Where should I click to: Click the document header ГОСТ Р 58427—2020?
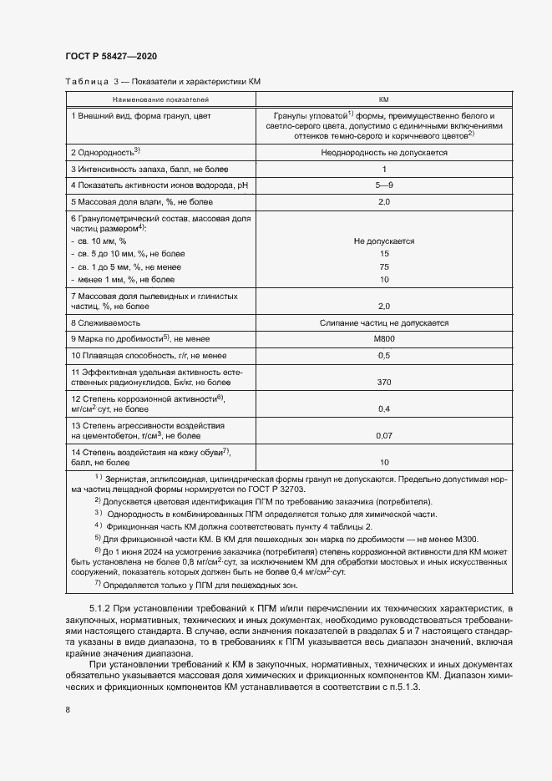[x=110, y=56]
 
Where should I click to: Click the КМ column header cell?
[x=384, y=99]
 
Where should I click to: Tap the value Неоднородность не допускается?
[x=384, y=153]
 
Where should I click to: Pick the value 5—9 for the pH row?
[x=384, y=185]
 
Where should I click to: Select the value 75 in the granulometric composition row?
[x=384, y=266]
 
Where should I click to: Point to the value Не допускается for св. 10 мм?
[x=384, y=241]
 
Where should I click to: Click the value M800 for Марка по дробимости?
[x=384, y=338]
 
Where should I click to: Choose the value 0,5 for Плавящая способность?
[x=384, y=355]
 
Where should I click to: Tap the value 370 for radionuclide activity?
[x=384, y=381]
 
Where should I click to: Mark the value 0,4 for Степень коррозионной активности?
[x=384, y=408]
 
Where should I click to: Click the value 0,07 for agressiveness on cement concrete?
[x=384, y=435]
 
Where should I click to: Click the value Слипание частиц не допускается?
[x=384, y=322]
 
